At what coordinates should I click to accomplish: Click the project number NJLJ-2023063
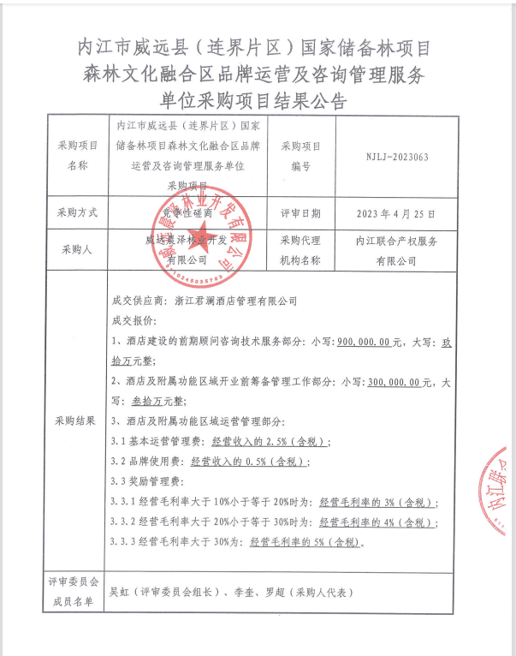click(397, 157)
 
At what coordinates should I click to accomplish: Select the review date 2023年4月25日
click(395, 212)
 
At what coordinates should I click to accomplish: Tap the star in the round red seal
click(202, 236)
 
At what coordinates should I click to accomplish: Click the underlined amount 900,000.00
click(365, 341)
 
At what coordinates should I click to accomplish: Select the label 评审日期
click(300, 212)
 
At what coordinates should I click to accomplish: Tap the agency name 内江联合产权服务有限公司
click(396, 250)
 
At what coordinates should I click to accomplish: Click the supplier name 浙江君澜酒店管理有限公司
click(234, 301)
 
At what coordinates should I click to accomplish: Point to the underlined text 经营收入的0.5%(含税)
click(247, 462)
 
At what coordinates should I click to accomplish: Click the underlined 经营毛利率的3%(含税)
click(377, 502)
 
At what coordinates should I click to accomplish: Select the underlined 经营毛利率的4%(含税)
click(377, 522)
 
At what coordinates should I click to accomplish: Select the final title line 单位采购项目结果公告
click(258, 102)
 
